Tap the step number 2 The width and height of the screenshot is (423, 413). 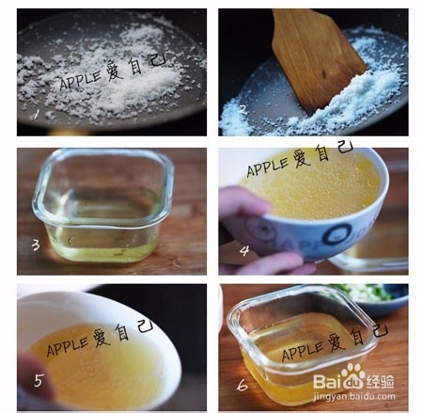[x=241, y=109]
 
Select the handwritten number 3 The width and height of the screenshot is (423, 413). [x=36, y=246]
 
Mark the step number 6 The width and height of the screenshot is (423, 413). [x=243, y=383]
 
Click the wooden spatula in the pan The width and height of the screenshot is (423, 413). [x=319, y=56]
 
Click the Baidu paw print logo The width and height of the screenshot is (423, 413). [x=353, y=373]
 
